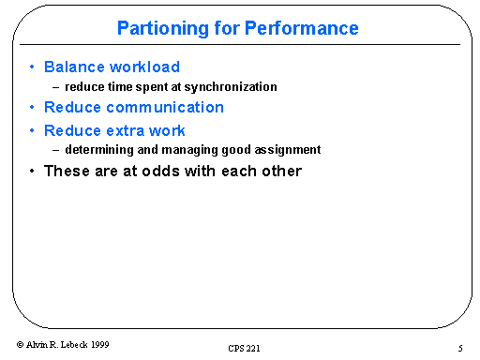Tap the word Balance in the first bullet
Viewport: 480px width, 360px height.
pyautogui.click(x=74, y=67)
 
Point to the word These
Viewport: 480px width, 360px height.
pyautogui.click(x=67, y=172)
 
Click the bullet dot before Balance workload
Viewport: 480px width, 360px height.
pyautogui.click(x=33, y=67)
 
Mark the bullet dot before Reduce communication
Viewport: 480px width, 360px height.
pyautogui.click(x=33, y=108)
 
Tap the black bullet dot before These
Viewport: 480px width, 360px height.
pyautogui.click(x=33, y=172)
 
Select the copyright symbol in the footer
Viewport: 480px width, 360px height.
pyautogui.click(x=22, y=345)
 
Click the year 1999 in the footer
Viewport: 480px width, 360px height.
pyautogui.click(x=98, y=345)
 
